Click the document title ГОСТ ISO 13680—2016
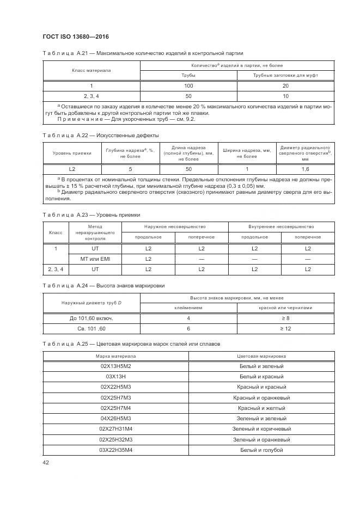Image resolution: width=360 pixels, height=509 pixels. pyautogui.click(x=75, y=37)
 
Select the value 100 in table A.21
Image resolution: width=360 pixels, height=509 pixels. pyautogui.click(x=188, y=86)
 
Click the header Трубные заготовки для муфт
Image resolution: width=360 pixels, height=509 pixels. pyautogui.click(x=285, y=76)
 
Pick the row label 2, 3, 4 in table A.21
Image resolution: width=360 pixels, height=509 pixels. pyautogui.click(x=91, y=96)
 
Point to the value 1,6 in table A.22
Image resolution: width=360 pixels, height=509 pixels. pyautogui.click(x=304, y=169)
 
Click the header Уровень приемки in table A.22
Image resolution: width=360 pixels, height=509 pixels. pyautogui.click(x=72, y=154)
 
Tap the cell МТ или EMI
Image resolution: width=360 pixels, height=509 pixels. pyautogui.click(x=95, y=259)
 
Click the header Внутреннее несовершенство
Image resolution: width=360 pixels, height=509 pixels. pyautogui.click(x=282, y=226)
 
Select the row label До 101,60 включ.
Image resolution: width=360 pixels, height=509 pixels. pyautogui.click(x=91, y=318)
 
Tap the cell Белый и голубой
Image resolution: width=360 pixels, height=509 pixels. pyautogui.click(x=261, y=450)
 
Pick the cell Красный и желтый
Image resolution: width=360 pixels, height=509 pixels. pyautogui.click(x=261, y=408)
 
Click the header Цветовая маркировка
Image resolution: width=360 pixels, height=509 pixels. pyautogui.click(x=261, y=355)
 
